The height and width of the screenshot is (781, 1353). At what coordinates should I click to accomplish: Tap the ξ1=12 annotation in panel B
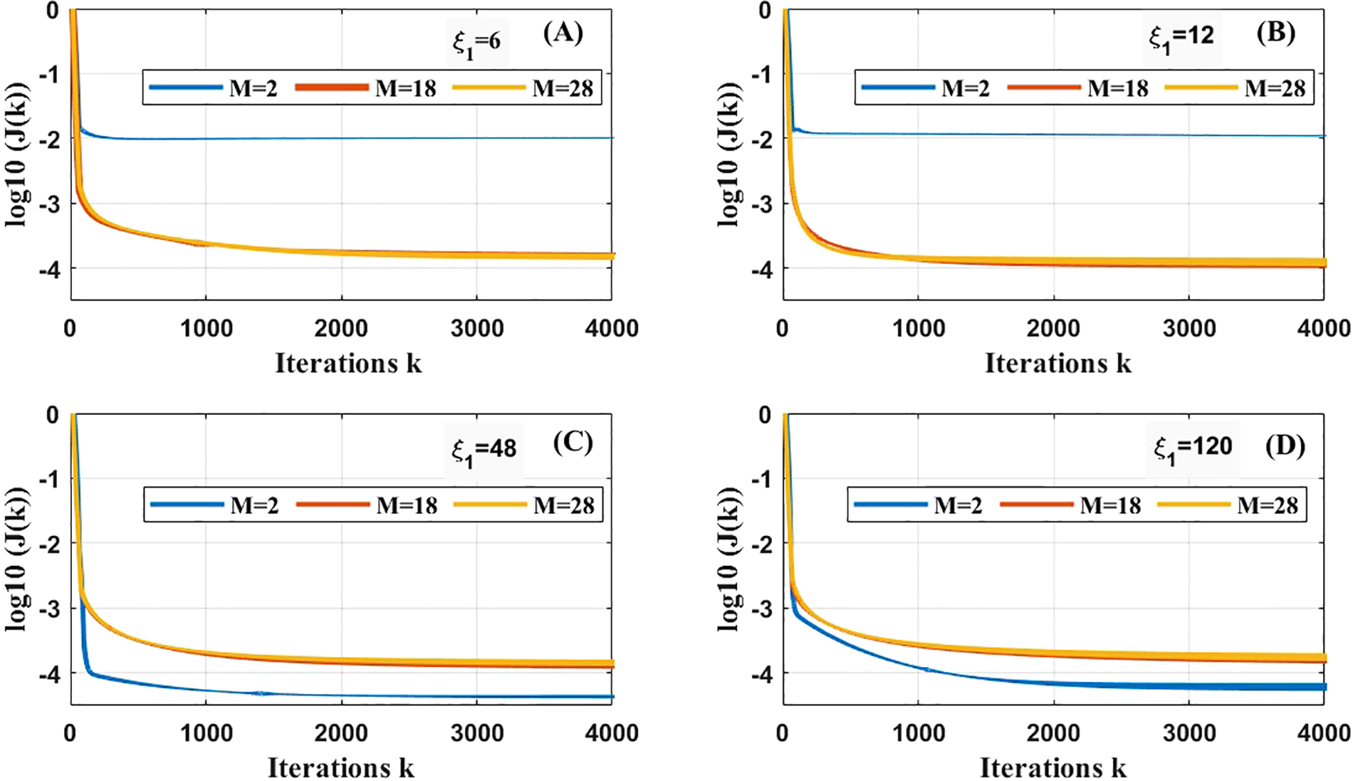pyautogui.click(x=1182, y=37)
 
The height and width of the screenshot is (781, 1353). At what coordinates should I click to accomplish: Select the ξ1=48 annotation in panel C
pyautogui.click(x=483, y=450)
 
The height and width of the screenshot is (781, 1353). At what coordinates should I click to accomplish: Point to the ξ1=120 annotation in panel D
pyautogui.click(x=1193, y=447)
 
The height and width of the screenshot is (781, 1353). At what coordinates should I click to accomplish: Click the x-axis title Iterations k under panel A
pyautogui.click(x=348, y=363)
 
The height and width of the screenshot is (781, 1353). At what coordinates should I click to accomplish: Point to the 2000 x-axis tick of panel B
pyautogui.click(x=1053, y=328)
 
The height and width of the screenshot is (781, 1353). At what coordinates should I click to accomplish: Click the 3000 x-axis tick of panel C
pyautogui.click(x=476, y=733)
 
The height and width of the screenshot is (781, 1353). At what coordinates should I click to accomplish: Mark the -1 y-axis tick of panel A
pyautogui.click(x=52, y=75)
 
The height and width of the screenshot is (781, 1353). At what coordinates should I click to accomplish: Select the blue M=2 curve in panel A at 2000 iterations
pyautogui.click(x=341, y=138)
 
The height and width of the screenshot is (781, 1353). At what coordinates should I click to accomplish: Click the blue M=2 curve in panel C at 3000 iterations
pyautogui.click(x=476, y=696)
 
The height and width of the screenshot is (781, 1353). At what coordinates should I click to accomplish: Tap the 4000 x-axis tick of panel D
pyautogui.click(x=1323, y=733)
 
